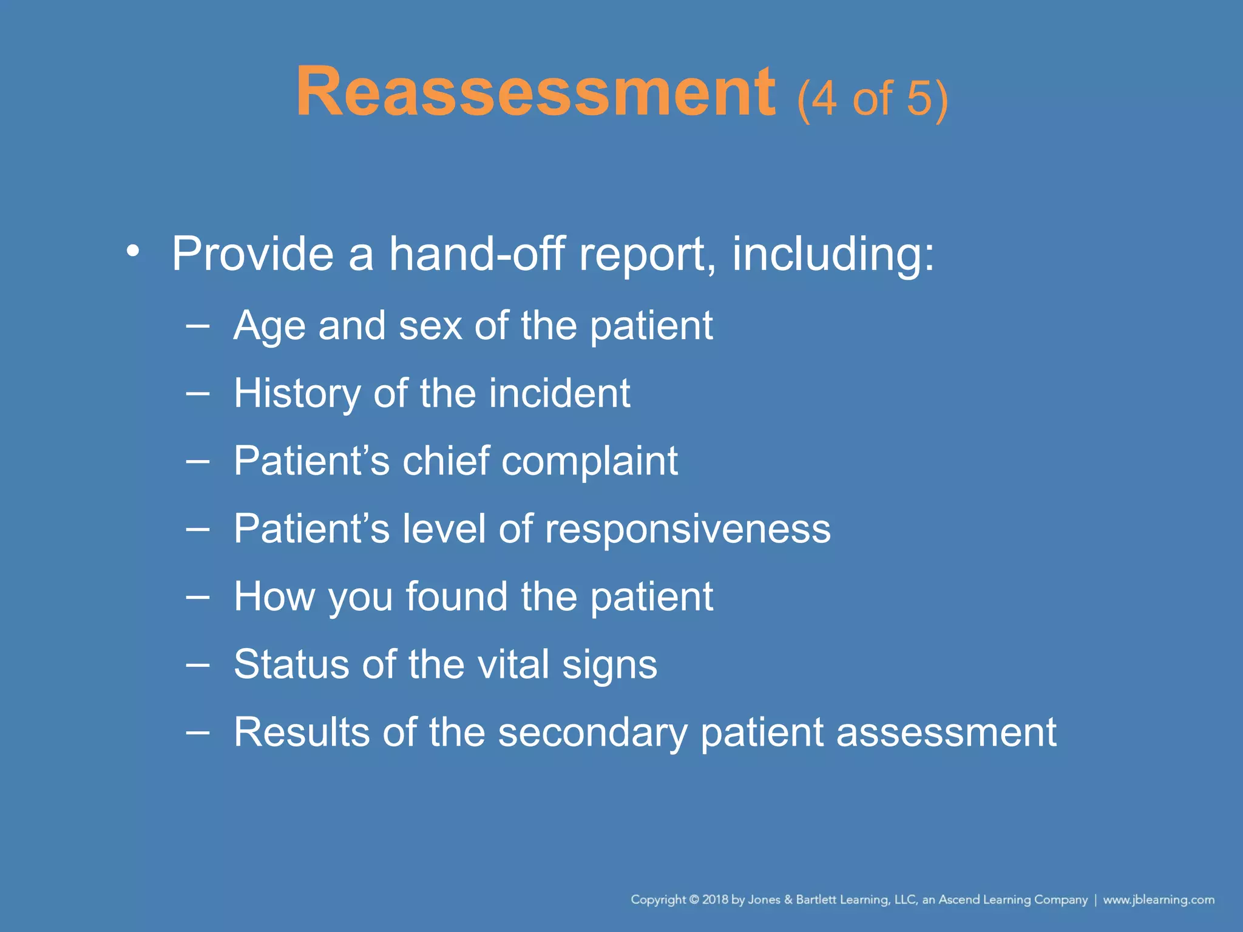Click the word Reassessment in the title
click(535, 92)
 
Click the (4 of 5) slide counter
click(872, 98)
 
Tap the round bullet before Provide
click(133, 251)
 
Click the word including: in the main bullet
click(833, 254)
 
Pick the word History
click(297, 394)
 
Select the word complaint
click(589, 462)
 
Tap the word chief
click(445, 462)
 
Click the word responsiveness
click(687, 529)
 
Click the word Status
click(291, 664)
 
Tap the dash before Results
click(197, 732)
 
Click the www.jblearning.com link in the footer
click(1158, 900)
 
